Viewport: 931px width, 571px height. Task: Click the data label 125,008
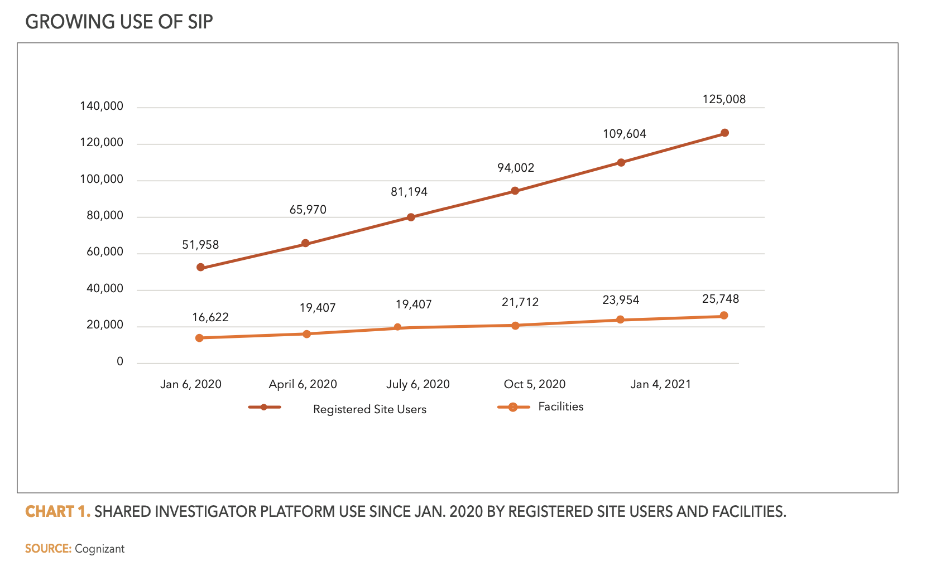pos(724,99)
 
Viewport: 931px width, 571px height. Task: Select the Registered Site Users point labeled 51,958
pos(200,268)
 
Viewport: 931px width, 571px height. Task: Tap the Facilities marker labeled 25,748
pos(724,316)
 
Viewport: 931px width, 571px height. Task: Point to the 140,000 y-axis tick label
pos(102,106)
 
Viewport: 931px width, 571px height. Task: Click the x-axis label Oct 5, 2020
pos(534,384)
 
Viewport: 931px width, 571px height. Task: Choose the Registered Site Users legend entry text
pos(369,409)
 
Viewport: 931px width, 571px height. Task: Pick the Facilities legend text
pos(560,407)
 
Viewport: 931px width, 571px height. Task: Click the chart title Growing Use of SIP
pos(119,22)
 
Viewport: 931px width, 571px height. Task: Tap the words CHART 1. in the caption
pos(57,511)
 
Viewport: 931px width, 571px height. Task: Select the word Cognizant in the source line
pos(99,549)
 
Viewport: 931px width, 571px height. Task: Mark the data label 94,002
pos(516,168)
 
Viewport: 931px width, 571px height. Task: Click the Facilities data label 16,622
pos(210,317)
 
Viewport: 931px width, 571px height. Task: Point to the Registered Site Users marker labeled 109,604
pos(621,163)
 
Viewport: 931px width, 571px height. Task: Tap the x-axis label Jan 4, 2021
pos(660,384)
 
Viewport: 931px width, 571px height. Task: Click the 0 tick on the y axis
pos(120,362)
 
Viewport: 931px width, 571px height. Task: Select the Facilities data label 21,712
pos(520,302)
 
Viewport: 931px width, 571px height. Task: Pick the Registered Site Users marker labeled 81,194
pos(411,217)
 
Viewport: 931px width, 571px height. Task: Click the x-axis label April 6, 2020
pos(303,384)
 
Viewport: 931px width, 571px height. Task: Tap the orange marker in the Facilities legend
pos(512,407)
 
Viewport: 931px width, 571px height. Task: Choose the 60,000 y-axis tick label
pos(105,252)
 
